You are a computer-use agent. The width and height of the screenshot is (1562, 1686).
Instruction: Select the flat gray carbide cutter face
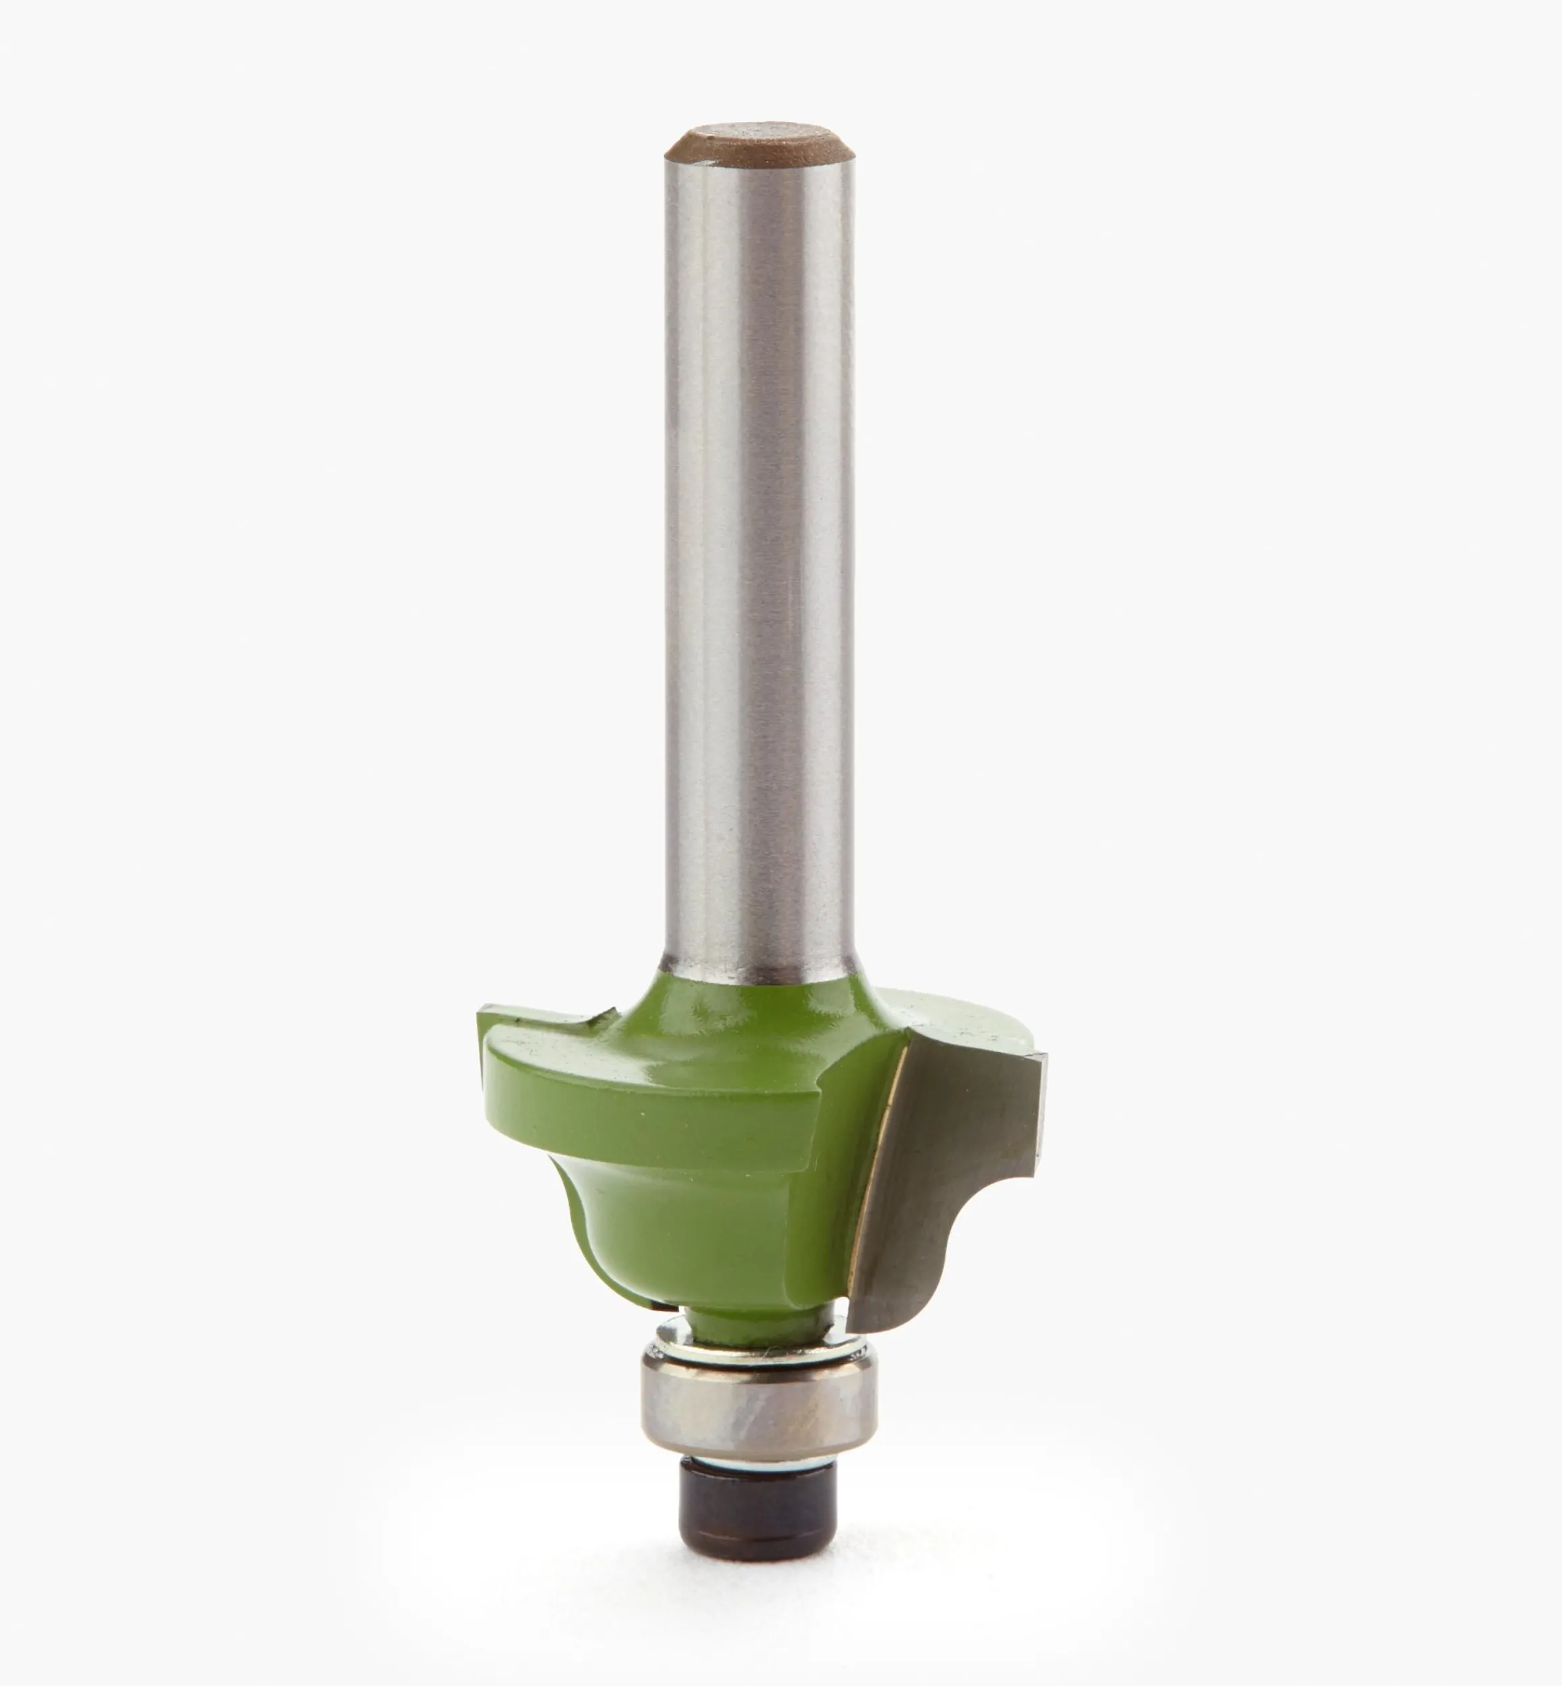pos(938,1132)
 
